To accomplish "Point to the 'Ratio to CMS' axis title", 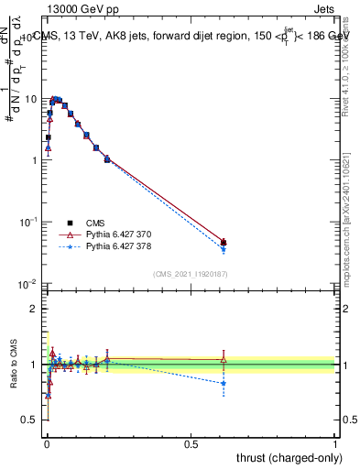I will pyautogui.click(x=14, y=364).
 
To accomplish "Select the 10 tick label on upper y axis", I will pyautogui.click(x=30, y=98).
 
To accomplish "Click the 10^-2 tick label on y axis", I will pyautogui.click(x=28, y=284).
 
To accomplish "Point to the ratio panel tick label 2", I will pyautogui.click(x=34, y=309).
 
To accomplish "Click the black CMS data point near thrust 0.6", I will pyautogui.click(x=224, y=243).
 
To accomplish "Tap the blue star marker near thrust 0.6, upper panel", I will pyautogui.click(x=224, y=249).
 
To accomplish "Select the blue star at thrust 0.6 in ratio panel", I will pyautogui.click(x=224, y=383).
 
